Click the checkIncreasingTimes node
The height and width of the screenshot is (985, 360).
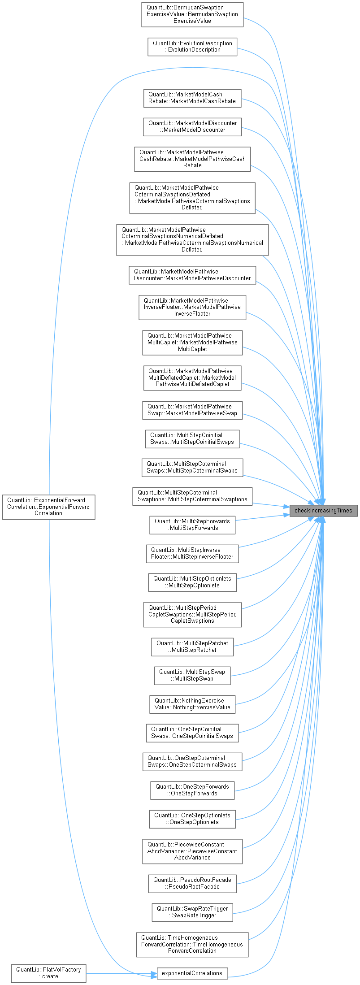point(323,510)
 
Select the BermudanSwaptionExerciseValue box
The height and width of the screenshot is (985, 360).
point(192,14)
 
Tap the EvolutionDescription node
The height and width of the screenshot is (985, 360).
point(192,47)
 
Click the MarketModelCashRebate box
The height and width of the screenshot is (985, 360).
point(192,98)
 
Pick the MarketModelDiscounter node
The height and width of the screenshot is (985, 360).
point(192,126)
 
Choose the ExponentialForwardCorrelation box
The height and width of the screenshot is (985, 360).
point(48,507)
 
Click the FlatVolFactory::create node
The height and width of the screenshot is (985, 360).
point(48,972)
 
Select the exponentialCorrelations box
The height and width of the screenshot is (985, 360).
point(192,973)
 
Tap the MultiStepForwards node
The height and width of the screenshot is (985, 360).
point(192,525)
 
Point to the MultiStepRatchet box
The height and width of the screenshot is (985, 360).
point(192,647)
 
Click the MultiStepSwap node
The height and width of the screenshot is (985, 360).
point(192,675)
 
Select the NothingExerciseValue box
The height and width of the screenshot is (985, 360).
point(192,704)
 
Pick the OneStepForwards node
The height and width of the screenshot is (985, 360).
point(192,790)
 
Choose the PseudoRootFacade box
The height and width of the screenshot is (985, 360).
point(192,883)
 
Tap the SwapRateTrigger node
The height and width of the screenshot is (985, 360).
point(192,912)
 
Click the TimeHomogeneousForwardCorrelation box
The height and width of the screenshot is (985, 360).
point(192,944)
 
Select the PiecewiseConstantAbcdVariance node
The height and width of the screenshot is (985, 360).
point(192,851)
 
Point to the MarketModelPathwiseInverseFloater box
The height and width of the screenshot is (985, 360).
point(192,307)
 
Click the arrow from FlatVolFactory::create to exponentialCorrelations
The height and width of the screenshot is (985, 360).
point(121,973)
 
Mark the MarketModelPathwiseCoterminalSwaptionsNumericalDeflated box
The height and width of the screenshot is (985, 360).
point(192,240)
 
